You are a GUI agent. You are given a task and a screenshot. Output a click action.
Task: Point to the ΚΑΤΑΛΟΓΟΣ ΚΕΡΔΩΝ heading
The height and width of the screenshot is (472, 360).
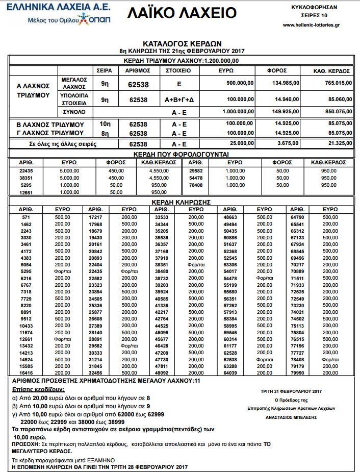(x=182, y=44)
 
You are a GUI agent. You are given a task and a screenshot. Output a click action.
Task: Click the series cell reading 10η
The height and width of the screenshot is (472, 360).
(x=105, y=124)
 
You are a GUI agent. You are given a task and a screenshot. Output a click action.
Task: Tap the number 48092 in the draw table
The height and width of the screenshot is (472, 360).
(x=162, y=372)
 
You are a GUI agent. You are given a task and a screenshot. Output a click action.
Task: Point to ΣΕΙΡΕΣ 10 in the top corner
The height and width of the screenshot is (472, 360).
(x=312, y=15)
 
